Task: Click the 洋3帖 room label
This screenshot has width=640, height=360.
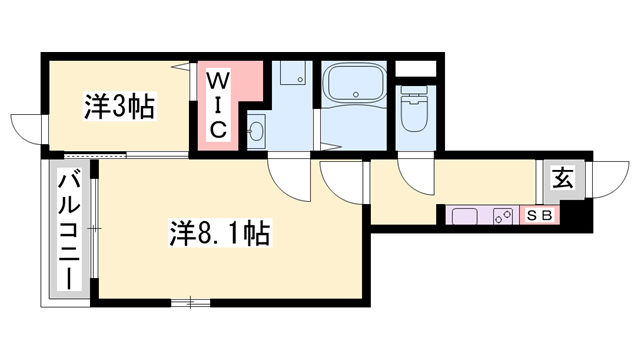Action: (x=119, y=107)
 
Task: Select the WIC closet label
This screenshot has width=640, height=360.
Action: (x=220, y=104)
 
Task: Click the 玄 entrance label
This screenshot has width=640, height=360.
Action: (x=564, y=181)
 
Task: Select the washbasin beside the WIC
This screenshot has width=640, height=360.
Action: (x=255, y=130)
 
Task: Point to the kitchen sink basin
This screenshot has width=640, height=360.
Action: (x=468, y=214)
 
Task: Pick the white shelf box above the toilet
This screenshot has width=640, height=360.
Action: (x=416, y=70)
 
